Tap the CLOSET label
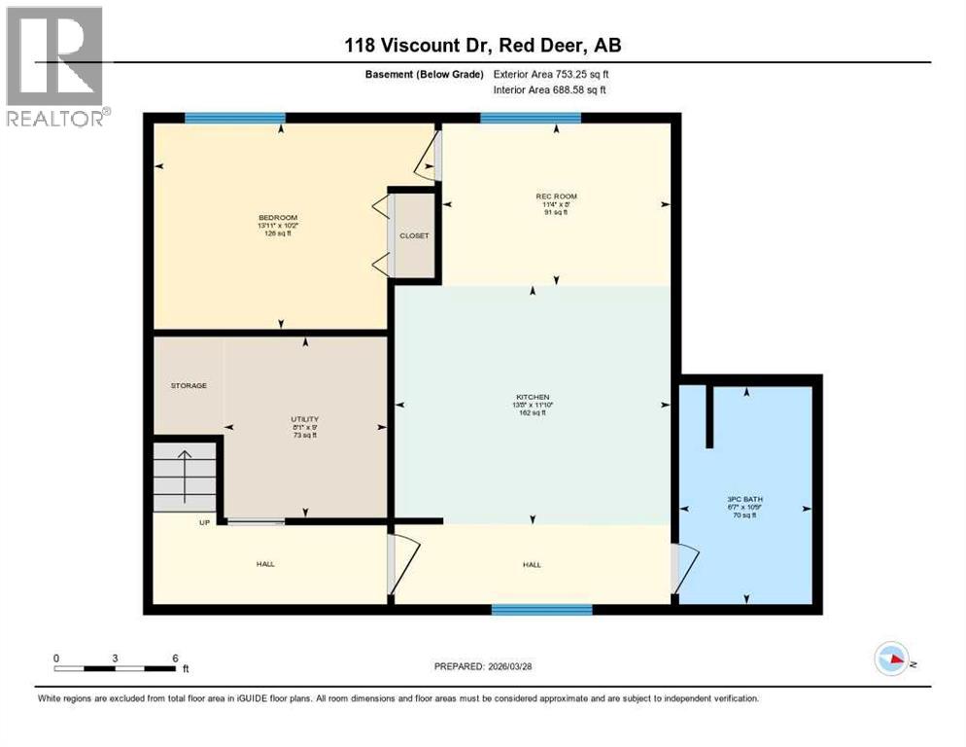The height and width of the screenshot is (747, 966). [414, 235]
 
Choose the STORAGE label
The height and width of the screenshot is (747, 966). [189, 386]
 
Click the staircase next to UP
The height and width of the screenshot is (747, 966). [185, 475]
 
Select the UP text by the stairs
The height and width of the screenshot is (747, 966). [204, 522]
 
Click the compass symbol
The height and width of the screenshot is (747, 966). [891, 658]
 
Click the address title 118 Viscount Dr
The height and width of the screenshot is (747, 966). [483, 46]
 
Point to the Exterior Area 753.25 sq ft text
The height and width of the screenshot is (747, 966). [551, 74]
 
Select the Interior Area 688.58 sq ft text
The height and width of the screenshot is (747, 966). [550, 90]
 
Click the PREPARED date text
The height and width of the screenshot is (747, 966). [483, 666]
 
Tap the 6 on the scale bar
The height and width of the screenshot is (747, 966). [175, 658]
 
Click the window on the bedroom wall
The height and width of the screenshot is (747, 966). [234, 118]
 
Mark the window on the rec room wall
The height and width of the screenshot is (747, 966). [531, 118]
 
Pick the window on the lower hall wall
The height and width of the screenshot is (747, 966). [541, 610]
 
